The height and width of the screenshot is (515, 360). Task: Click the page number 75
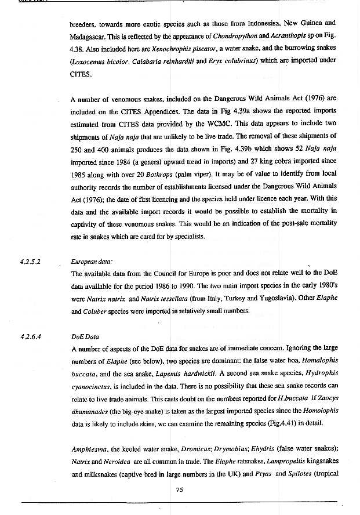(179, 489)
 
